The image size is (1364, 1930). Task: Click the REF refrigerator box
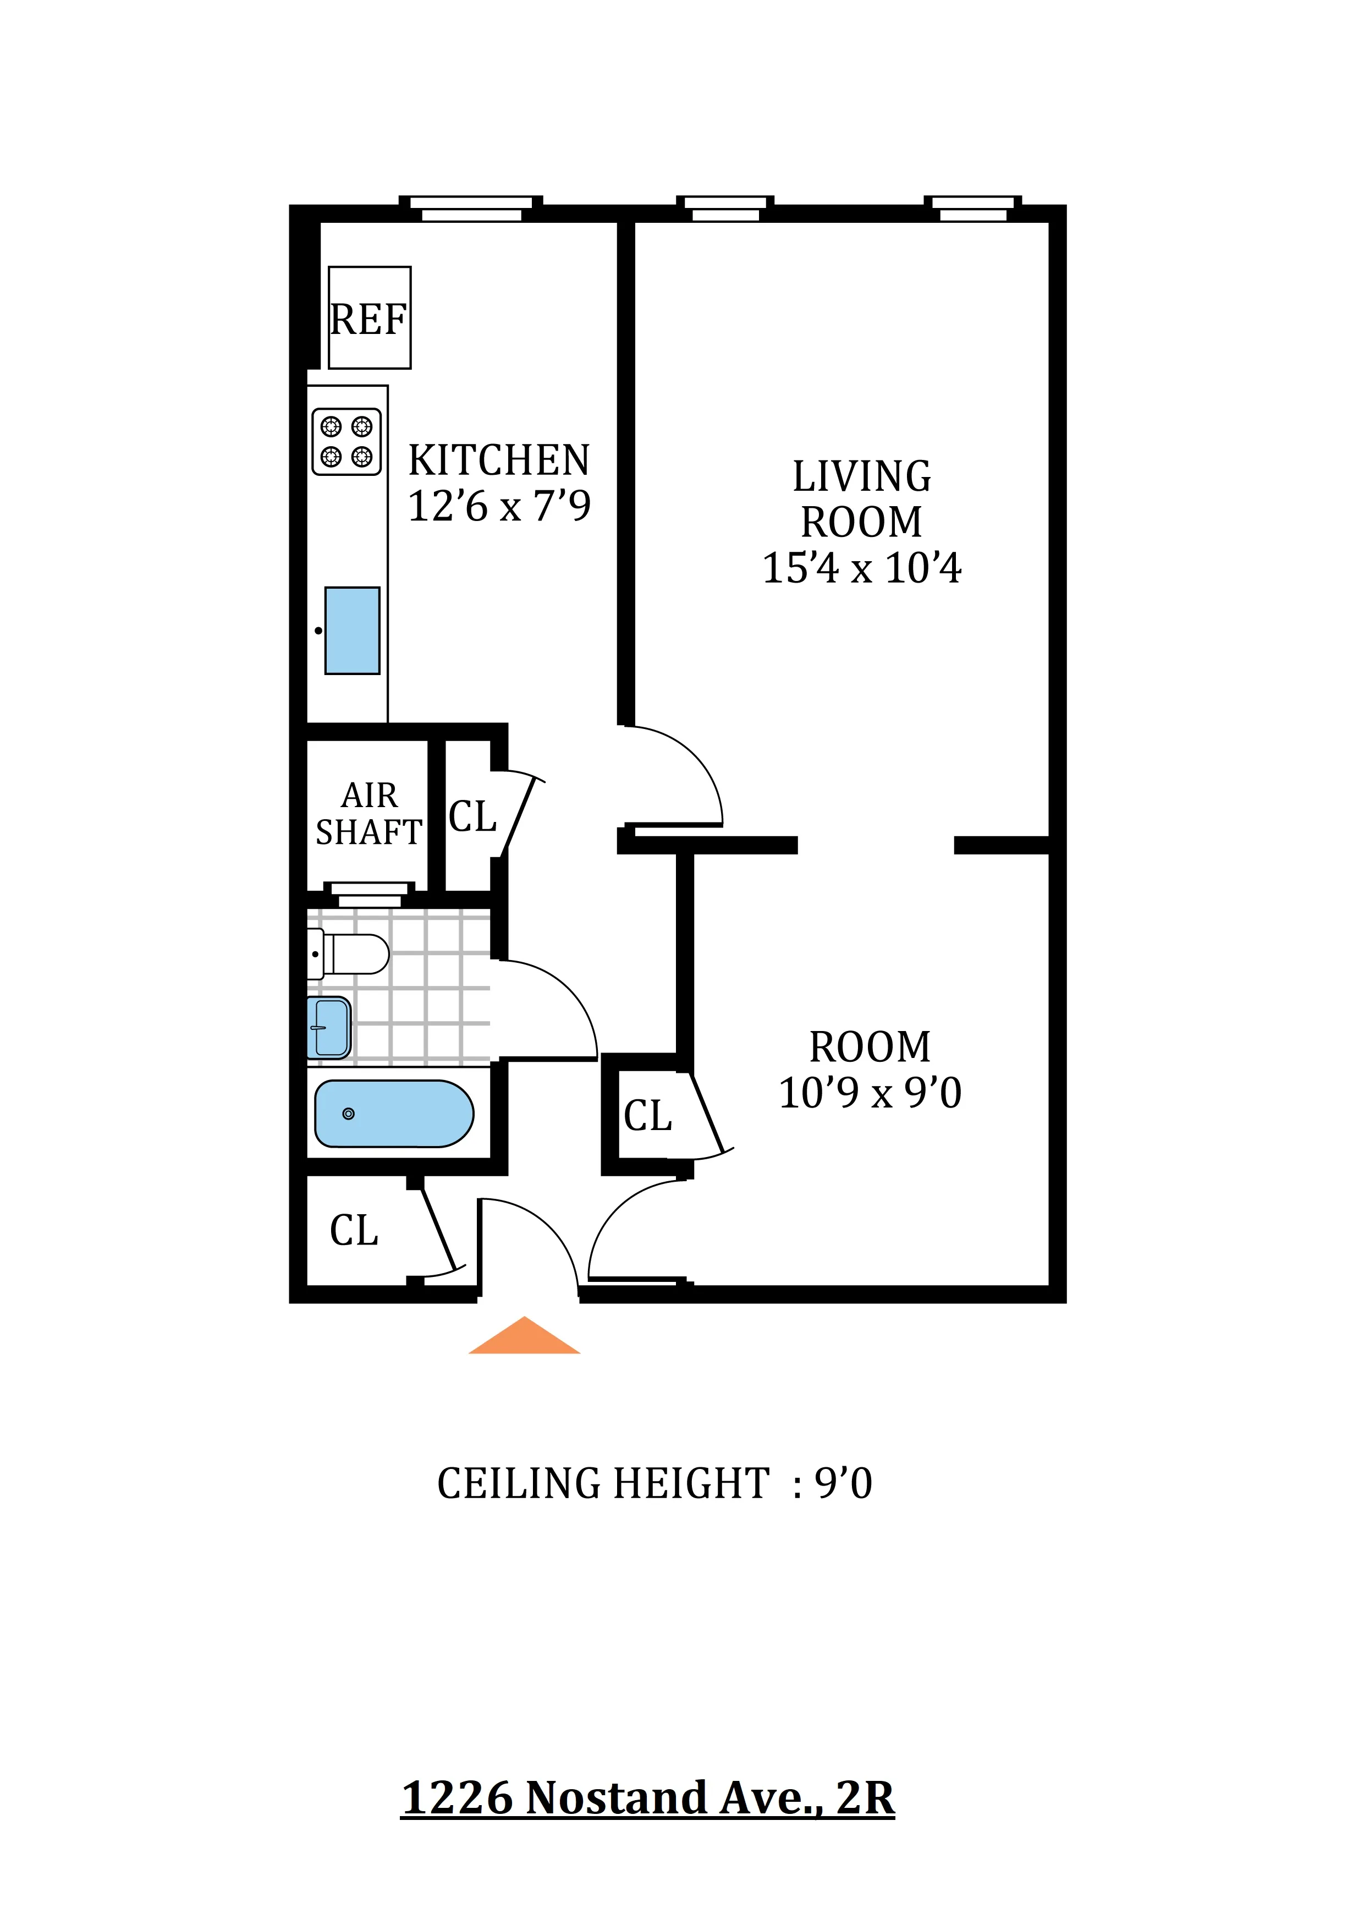pos(369,318)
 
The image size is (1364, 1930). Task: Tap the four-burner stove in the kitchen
pos(346,441)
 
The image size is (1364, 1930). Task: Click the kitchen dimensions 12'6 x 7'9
pos(499,506)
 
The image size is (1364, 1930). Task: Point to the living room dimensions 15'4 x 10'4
pos(861,568)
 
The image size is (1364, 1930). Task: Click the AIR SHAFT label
pos(369,814)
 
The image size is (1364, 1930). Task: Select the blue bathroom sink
pos(329,1027)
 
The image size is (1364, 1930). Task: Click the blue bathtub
pos(393,1114)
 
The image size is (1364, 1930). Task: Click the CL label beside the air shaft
pos(472,816)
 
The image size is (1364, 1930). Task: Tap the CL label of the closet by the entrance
pos(354,1231)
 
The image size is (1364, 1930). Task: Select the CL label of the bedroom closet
pos(647,1116)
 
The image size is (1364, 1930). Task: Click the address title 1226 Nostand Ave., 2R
pos(647,1799)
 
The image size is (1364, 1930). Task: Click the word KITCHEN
pos(499,460)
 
